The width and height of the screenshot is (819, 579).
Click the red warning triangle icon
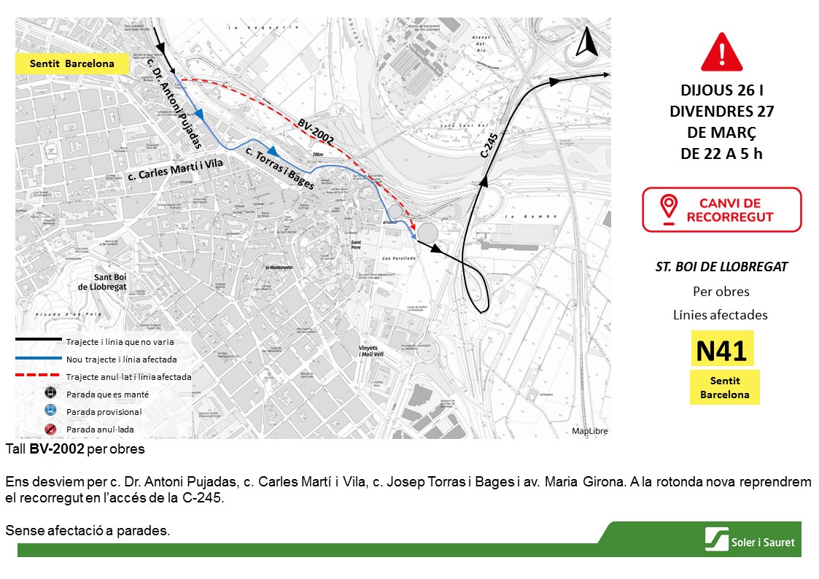tap(721, 52)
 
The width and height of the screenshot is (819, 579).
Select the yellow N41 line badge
tap(721, 351)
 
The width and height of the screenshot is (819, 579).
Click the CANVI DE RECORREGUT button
tap(721, 210)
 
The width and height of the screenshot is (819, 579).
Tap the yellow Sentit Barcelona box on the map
tap(72, 64)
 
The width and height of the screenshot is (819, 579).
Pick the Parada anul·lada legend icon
tap(51, 430)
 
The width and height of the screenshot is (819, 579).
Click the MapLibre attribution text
tap(589, 431)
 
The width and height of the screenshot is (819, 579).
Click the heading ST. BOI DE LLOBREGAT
tap(721, 267)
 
